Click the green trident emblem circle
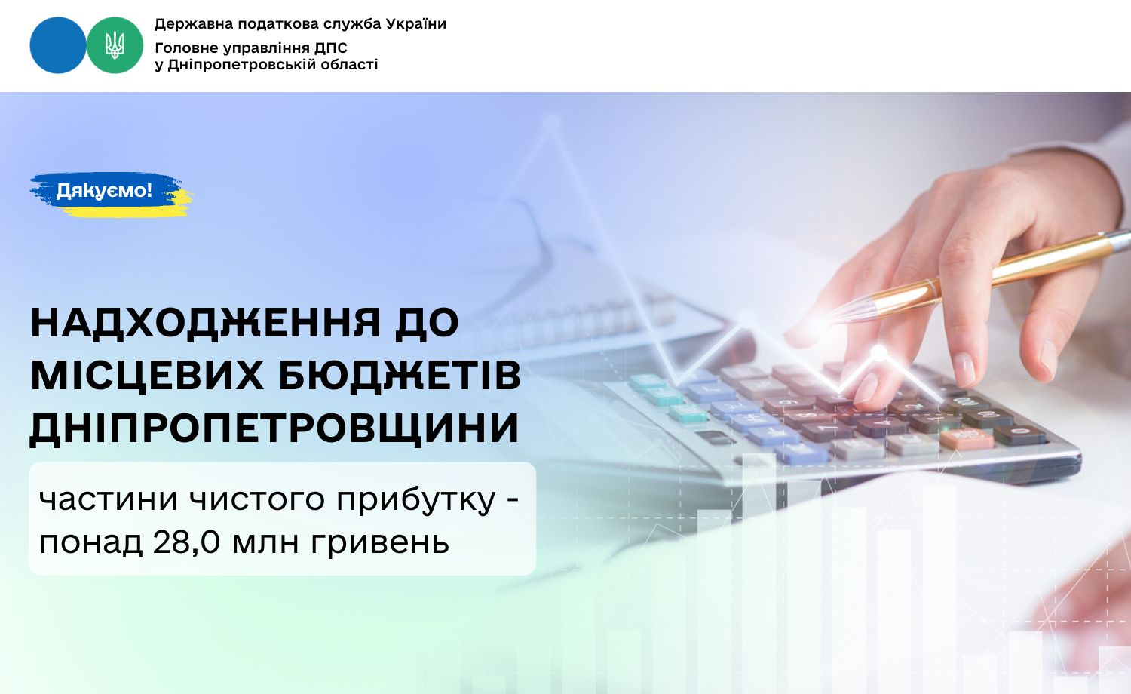pos(115,45)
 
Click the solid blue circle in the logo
pos(58,45)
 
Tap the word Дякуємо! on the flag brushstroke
pos(104,190)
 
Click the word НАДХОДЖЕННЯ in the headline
pos(204,323)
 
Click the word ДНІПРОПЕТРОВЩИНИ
pos(274,428)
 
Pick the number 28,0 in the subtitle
pos(186,542)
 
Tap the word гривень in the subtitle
pos(380,543)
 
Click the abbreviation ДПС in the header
pos(331,48)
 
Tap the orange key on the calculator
pos(967,439)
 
